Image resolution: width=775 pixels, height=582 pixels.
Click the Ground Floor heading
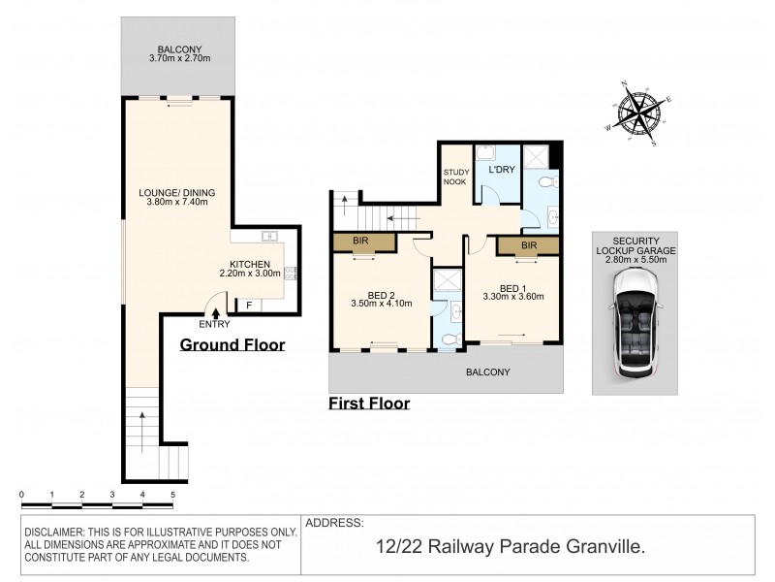coord(232,344)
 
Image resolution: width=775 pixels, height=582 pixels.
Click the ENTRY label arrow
coord(215,313)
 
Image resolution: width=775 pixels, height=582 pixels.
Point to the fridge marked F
coord(249,306)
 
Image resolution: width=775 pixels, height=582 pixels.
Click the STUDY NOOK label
coord(455,177)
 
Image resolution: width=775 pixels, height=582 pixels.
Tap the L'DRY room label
coord(502,170)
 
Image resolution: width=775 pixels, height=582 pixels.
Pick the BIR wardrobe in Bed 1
coord(528,246)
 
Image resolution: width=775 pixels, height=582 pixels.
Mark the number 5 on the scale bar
coord(172,495)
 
